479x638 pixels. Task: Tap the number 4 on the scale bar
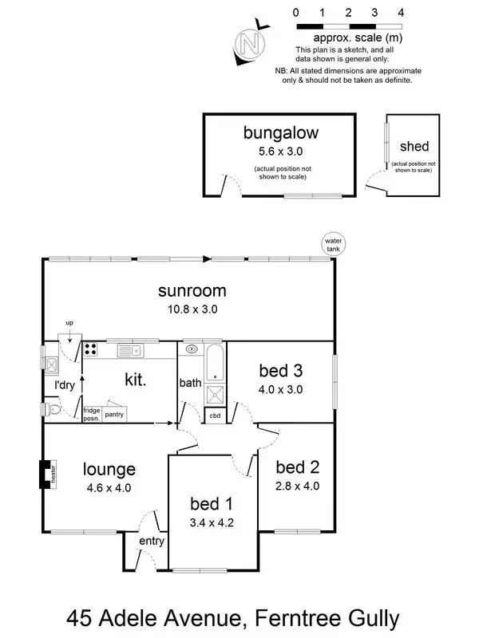401,13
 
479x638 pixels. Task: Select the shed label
414,146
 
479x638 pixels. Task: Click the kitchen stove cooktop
91,349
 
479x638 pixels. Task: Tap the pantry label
114,414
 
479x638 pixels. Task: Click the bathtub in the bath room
215,363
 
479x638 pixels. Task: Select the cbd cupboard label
215,415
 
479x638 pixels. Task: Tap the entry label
151,542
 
